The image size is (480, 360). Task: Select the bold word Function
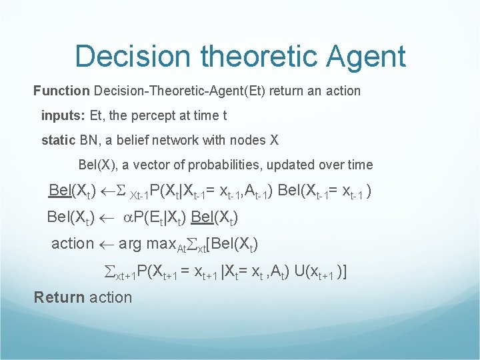61,90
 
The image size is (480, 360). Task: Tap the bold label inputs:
63,115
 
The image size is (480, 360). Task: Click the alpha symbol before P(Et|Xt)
128,217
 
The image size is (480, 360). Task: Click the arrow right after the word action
106,244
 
